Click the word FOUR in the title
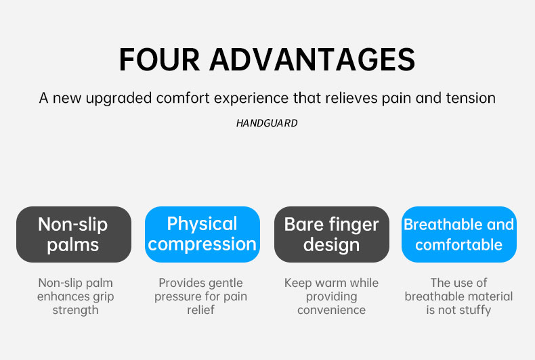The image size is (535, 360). [x=159, y=60]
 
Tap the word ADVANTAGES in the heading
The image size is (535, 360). [x=313, y=60]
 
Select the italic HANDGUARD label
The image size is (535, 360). [x=267, y=123]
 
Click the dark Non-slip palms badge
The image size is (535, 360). [x=74, y=235]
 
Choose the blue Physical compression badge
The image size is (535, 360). [x=202, y=235]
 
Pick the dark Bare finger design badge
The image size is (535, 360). [x=332, y=235]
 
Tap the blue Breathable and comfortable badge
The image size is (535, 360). [x=459, y=235]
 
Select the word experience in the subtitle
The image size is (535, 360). [x=251, y=99]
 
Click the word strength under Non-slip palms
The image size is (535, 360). [x=75, y=310]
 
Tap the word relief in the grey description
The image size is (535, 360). [x=200, y=310]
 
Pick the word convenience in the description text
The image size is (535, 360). [x=331, y=310]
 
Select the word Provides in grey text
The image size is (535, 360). [x=179, y=283]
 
